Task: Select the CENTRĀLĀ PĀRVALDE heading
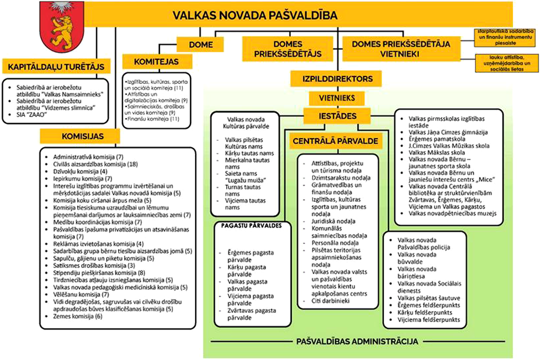pos(326,140)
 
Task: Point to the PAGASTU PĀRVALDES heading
pos(251,226)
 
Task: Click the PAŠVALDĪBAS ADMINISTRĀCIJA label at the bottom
pos(357,342)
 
